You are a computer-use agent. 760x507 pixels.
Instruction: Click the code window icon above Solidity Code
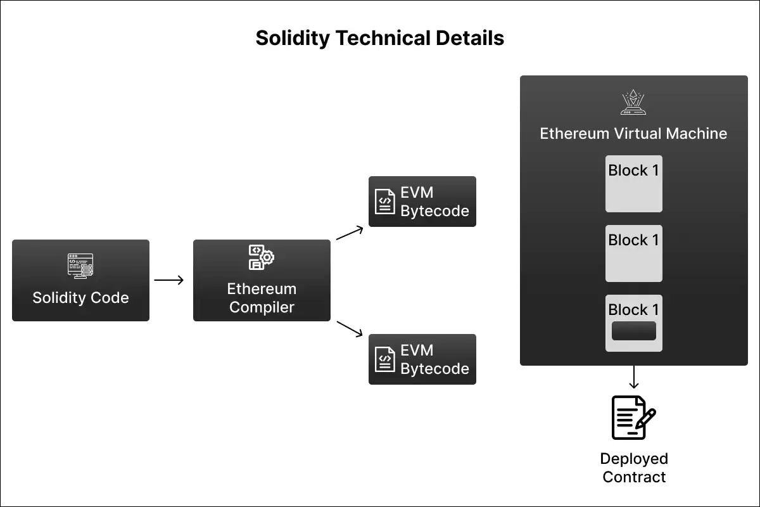(x=80, y=266)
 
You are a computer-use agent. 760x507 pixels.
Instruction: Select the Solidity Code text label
(x=80, y=298)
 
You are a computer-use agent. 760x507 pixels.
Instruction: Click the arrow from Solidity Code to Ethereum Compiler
(x=169, y=280)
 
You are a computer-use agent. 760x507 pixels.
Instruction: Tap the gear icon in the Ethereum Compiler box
(x=267, y=257)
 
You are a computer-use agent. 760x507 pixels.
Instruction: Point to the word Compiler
(x=262, y=307)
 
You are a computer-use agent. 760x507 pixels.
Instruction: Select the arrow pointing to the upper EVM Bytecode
(x=350, y=233)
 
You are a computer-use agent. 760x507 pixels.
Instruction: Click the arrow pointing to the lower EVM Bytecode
(x=350, y=328)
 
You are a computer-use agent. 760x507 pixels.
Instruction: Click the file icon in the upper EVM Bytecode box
(x=384, y=202)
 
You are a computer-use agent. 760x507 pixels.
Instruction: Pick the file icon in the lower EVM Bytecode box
(x=384, y=359)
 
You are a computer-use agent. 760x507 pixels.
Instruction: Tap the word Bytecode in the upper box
(x=434, y=211)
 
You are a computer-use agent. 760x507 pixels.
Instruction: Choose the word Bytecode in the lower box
(x=434, y=369)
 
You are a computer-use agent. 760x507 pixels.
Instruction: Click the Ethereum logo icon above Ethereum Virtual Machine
(x=633, y=102)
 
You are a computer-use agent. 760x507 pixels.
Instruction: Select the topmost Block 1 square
(x=633, y=184)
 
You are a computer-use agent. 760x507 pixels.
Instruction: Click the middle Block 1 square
(x=633, y=253)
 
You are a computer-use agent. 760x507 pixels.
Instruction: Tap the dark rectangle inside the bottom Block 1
(x=633, y=331)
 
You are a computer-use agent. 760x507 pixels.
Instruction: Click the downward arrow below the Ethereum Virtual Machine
(x=633, y=378)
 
